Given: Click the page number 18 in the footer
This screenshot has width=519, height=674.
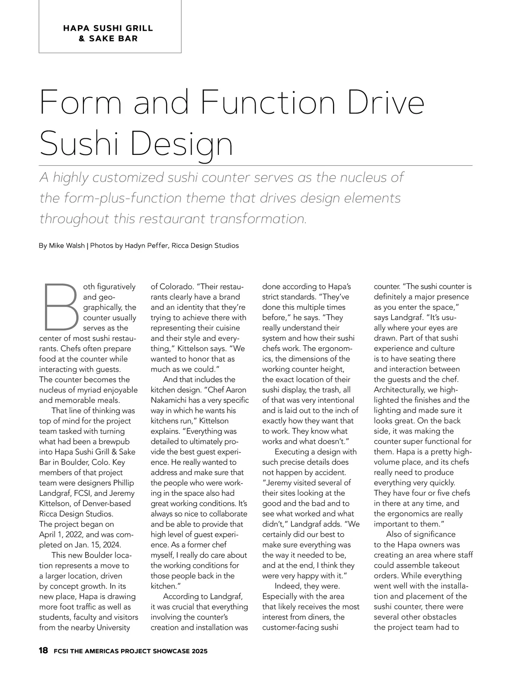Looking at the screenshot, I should (43, 651).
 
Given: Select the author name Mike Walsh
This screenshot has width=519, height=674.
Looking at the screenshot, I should (67, 246).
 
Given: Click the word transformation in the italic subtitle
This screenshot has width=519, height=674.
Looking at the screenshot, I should (258, 219).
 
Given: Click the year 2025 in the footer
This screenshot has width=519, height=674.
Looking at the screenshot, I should (198, 651).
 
